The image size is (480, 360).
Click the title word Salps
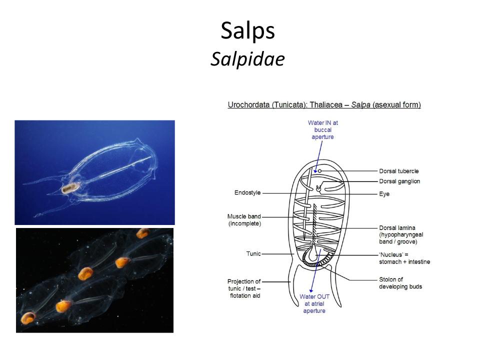click(x=247, y=31)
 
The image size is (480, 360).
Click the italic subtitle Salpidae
click(x=247, y=58)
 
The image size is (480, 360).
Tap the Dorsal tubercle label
click(x=398, y=171)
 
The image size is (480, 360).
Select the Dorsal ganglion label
click(x=399, y=181)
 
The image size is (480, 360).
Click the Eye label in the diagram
click(x=384, y=194)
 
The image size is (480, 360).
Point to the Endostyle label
click(x=247, y=192)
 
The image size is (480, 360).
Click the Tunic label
click(x=253, y=253)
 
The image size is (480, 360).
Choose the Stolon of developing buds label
click(x=400, y=283)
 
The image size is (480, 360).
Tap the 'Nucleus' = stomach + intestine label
click(x=404, y=258)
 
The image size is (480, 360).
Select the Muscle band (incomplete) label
click(x=244, y=220)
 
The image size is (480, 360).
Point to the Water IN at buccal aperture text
click(x=322, y=130)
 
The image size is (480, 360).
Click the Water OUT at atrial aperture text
click(x=314, y=303)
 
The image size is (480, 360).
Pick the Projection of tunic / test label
click(x=244, y=288)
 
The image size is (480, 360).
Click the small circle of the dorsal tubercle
click(x=319, y=171)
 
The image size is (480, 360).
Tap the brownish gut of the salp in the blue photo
click(x=70, y=188)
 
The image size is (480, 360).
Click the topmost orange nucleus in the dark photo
click(x=142, y=233)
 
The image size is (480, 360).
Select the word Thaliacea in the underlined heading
click(x=326, y=104)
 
